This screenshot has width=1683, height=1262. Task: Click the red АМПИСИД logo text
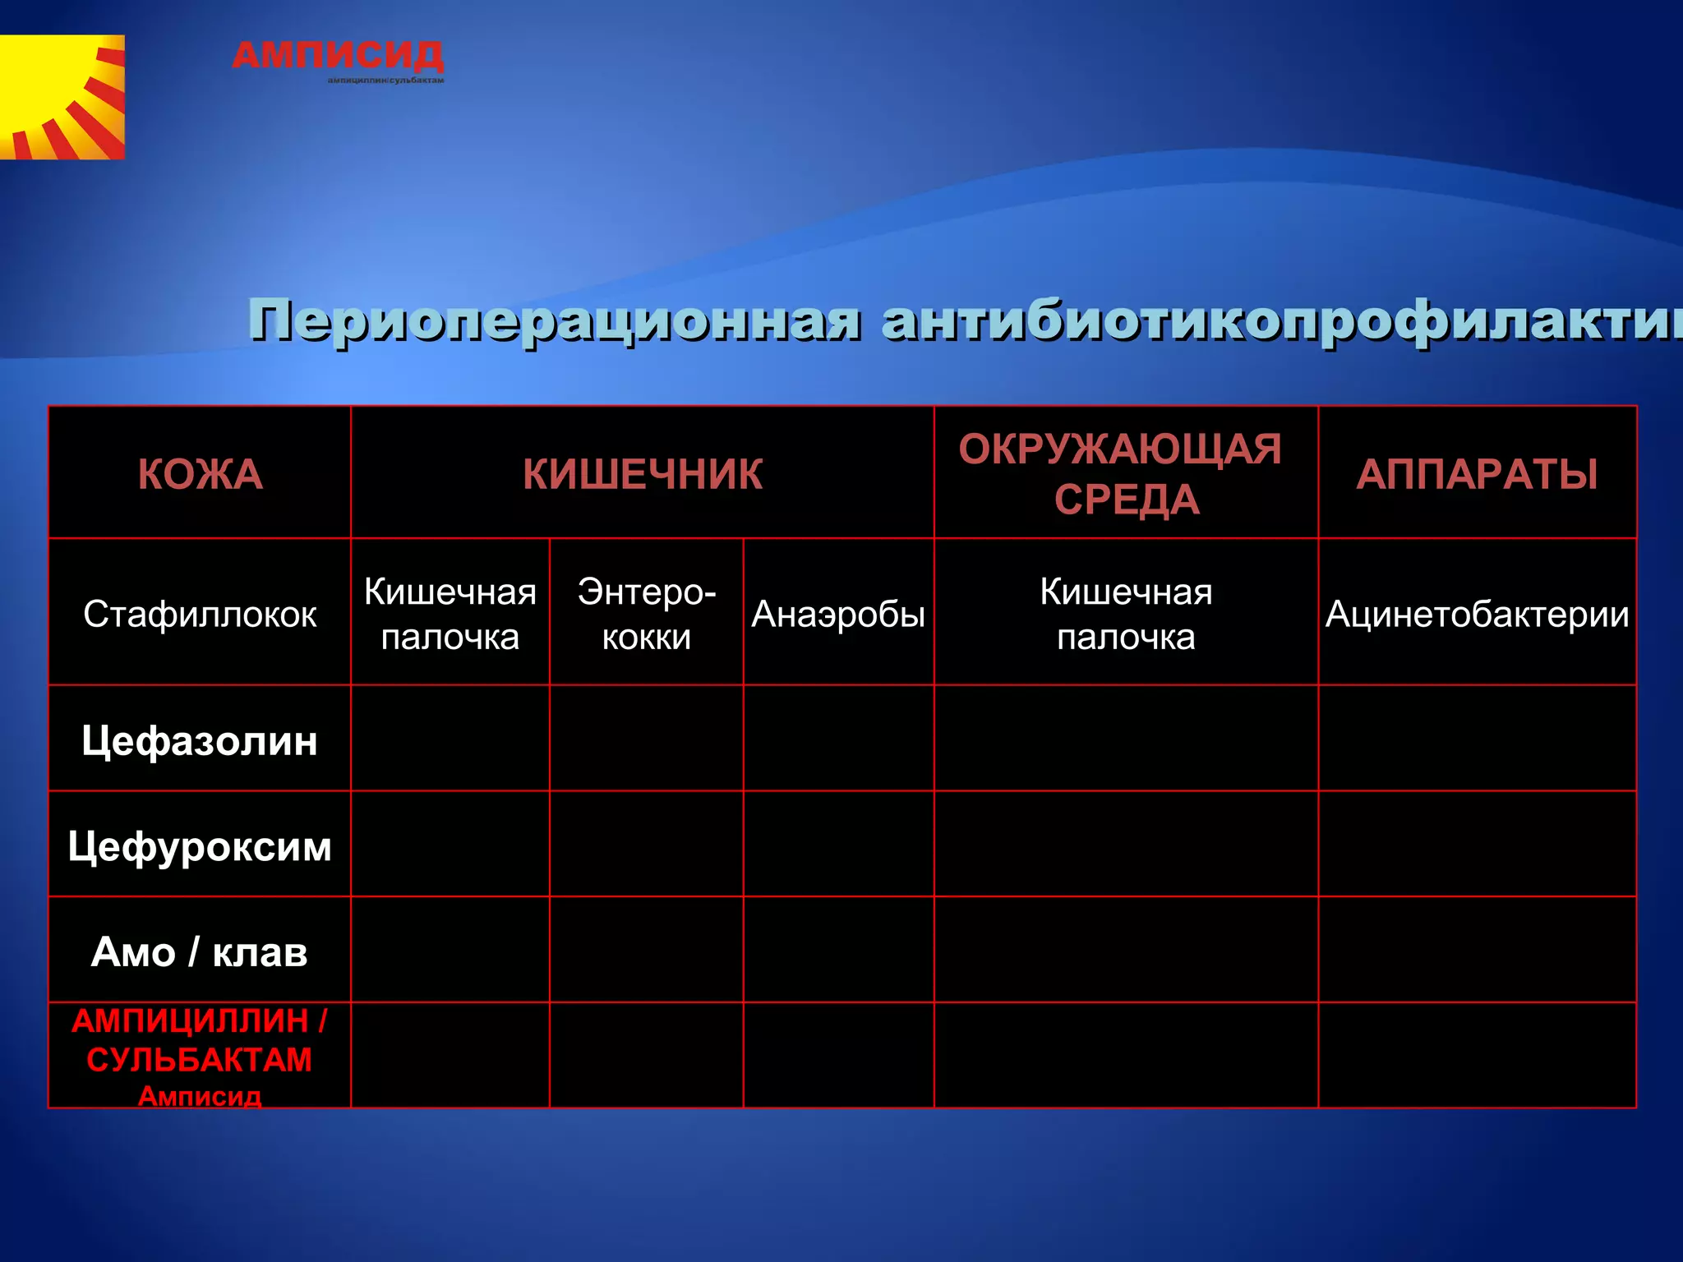point(338,56)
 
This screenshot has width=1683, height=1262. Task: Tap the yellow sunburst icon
point(62,97)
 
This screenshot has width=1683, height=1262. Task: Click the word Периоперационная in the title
point(556,320)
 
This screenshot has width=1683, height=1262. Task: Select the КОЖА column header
point(200,474)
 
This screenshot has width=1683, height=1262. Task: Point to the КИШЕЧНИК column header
point(643,474)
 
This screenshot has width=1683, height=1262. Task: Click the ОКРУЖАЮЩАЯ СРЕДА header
point(1125,474)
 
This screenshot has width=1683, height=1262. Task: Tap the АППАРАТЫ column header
point(1477,474)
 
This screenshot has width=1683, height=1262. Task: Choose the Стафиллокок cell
point(200,614)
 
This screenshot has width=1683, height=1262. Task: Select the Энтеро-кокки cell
point(647,614)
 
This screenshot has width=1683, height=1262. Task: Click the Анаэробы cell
point(838,614)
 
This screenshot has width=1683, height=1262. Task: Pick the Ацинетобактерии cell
point(1477,614)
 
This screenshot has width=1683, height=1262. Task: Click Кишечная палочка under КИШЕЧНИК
point(450,614)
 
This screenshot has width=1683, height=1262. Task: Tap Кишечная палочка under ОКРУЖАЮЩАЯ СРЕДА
point(1126,614)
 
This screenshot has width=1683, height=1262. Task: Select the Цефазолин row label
point(200,740)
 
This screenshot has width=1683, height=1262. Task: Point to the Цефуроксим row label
point(200,845)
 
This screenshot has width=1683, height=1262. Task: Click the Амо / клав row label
point(200,951)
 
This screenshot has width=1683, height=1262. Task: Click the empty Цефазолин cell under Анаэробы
point(838,739)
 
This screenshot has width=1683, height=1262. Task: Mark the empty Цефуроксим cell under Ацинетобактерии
point(1477,844)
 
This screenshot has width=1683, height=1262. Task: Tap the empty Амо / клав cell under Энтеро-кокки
point(647,950)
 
